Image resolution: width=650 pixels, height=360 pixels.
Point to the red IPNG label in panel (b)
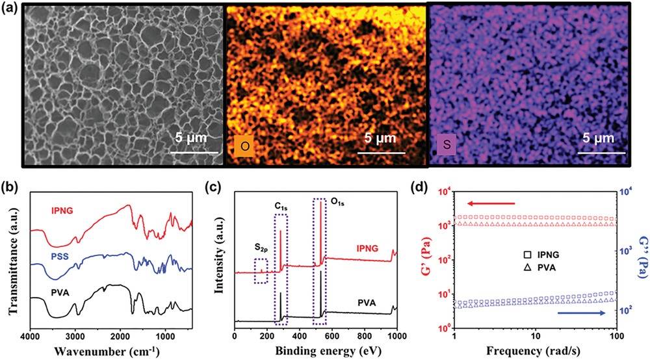pyautogui.click(x=66, y=210)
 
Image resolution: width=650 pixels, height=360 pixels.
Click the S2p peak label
pyautogui.click(x=263, y=248)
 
